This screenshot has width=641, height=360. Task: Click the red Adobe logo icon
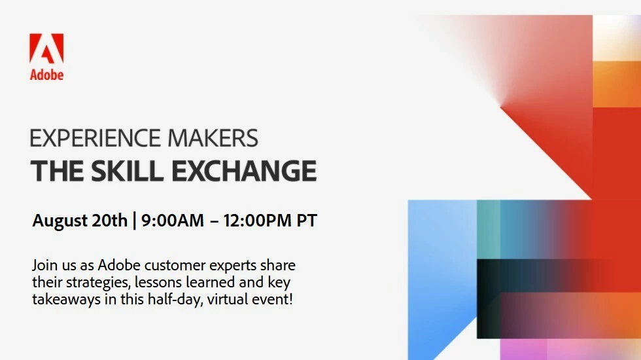point(46,48)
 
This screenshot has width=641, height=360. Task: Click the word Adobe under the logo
point(46,75)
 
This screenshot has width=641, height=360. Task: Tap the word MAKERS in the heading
point(213,138)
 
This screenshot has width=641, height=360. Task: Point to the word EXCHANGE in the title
point(244,171)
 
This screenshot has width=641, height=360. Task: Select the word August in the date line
point(60,221)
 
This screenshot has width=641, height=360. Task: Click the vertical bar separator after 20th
point(135,221)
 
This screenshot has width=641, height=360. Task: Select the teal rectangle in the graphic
point(489,229)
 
